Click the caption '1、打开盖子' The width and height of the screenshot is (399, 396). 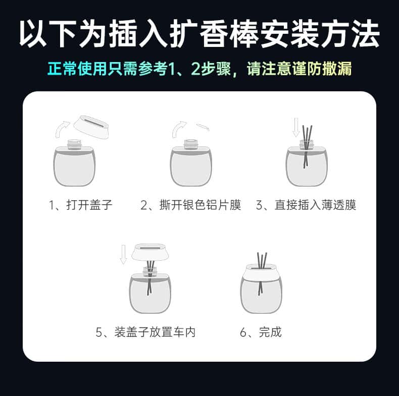[80, 205]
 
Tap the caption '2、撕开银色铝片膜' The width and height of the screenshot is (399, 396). [190, 205]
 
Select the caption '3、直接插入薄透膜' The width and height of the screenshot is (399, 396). [306, 205]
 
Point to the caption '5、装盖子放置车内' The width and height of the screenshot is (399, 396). [145, 332]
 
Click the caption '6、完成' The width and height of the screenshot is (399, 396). [261, 332]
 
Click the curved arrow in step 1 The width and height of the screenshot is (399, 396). [61, 128]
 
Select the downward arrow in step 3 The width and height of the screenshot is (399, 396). [295, 127]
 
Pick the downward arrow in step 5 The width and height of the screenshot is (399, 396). [123, 254]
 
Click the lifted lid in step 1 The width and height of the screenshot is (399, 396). [91, 127]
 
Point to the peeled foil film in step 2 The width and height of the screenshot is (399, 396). [203, 127]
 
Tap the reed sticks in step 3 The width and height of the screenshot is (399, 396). [307, 147]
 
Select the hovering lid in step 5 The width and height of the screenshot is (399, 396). [150, 252]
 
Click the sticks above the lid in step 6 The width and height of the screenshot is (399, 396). [262, 260]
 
